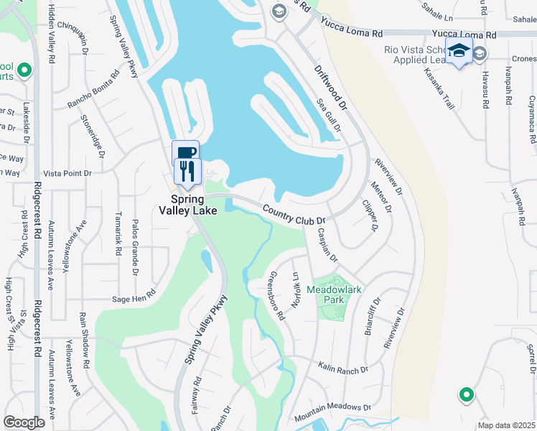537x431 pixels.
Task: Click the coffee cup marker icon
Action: (185, 152)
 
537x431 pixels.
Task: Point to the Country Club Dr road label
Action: (294, 215)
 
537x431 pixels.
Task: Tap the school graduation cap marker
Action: (457, 52)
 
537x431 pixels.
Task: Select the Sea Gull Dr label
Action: (328, 115)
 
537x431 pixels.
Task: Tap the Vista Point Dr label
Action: (67, 173)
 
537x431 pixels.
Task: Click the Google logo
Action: (24, 422)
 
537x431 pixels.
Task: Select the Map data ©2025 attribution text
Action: (506, 425)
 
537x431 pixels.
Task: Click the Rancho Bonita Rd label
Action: (93, 91)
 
